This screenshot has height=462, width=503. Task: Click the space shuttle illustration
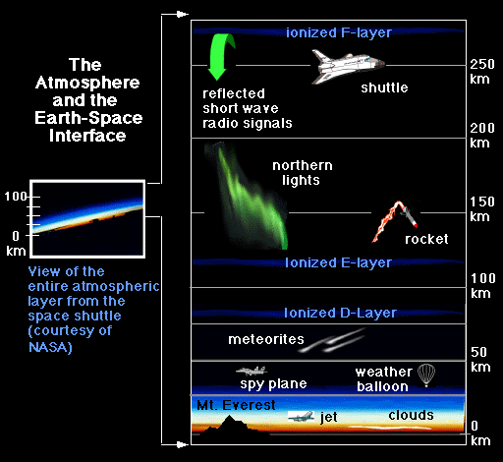point(347,67)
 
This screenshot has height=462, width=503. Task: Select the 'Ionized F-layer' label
point(339,32)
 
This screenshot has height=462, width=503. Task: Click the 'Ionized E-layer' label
point(338,262)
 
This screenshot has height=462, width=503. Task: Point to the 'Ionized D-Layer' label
point(340,313)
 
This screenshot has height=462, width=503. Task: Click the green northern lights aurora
point(249,197)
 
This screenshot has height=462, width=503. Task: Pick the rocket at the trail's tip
point(410,217)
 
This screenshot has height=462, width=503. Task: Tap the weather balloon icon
point(426,375)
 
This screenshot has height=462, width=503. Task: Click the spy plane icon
point(251,371)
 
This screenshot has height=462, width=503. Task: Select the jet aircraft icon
point(301,416)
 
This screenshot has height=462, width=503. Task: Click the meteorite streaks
point(331,341)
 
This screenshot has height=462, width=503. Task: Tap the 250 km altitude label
point(481,72)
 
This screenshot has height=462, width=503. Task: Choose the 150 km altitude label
point(481,209)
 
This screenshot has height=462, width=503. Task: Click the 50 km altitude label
point(480,360)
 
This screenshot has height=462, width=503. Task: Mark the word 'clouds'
point(411,415)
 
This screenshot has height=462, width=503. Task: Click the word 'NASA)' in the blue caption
point(50,347)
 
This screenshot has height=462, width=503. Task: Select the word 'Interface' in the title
point(87,136)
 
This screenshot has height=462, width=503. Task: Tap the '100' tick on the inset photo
point(16,197)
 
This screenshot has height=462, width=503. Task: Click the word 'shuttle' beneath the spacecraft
point(384,87)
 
